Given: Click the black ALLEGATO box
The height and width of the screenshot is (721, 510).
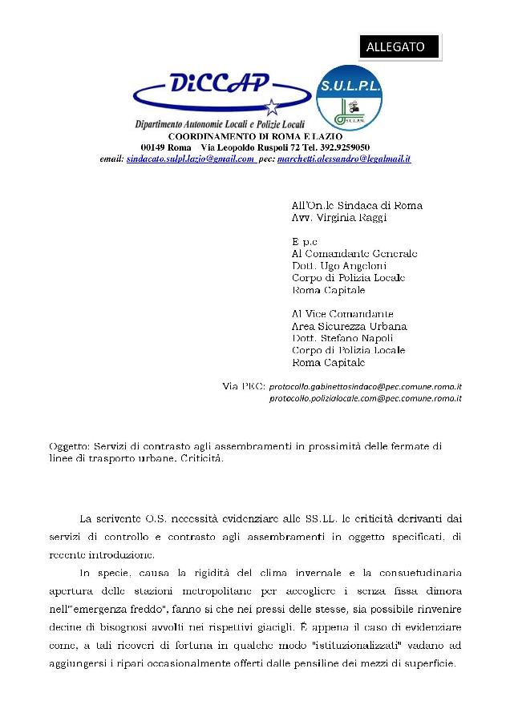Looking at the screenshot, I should tap(399, 47).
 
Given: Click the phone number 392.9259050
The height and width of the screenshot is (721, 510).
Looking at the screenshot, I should tap(341, 148).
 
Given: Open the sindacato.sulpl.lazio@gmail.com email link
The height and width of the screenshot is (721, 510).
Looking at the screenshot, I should tap(191, 159).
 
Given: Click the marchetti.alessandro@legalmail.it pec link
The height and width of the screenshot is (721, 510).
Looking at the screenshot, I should tap(343, 159).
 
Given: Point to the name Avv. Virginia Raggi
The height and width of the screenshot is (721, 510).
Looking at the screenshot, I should tap(334, 217).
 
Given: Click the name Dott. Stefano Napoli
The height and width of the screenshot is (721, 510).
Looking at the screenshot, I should tap(337, 338).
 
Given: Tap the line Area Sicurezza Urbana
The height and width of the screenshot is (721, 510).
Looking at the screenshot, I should tap(349, 326).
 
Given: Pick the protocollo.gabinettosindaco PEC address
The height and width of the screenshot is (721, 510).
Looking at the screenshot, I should tap(365, 386).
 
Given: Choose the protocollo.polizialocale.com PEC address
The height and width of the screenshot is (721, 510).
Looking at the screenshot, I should tap(365, 398).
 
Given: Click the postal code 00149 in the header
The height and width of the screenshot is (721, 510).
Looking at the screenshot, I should tap(154, 148).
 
